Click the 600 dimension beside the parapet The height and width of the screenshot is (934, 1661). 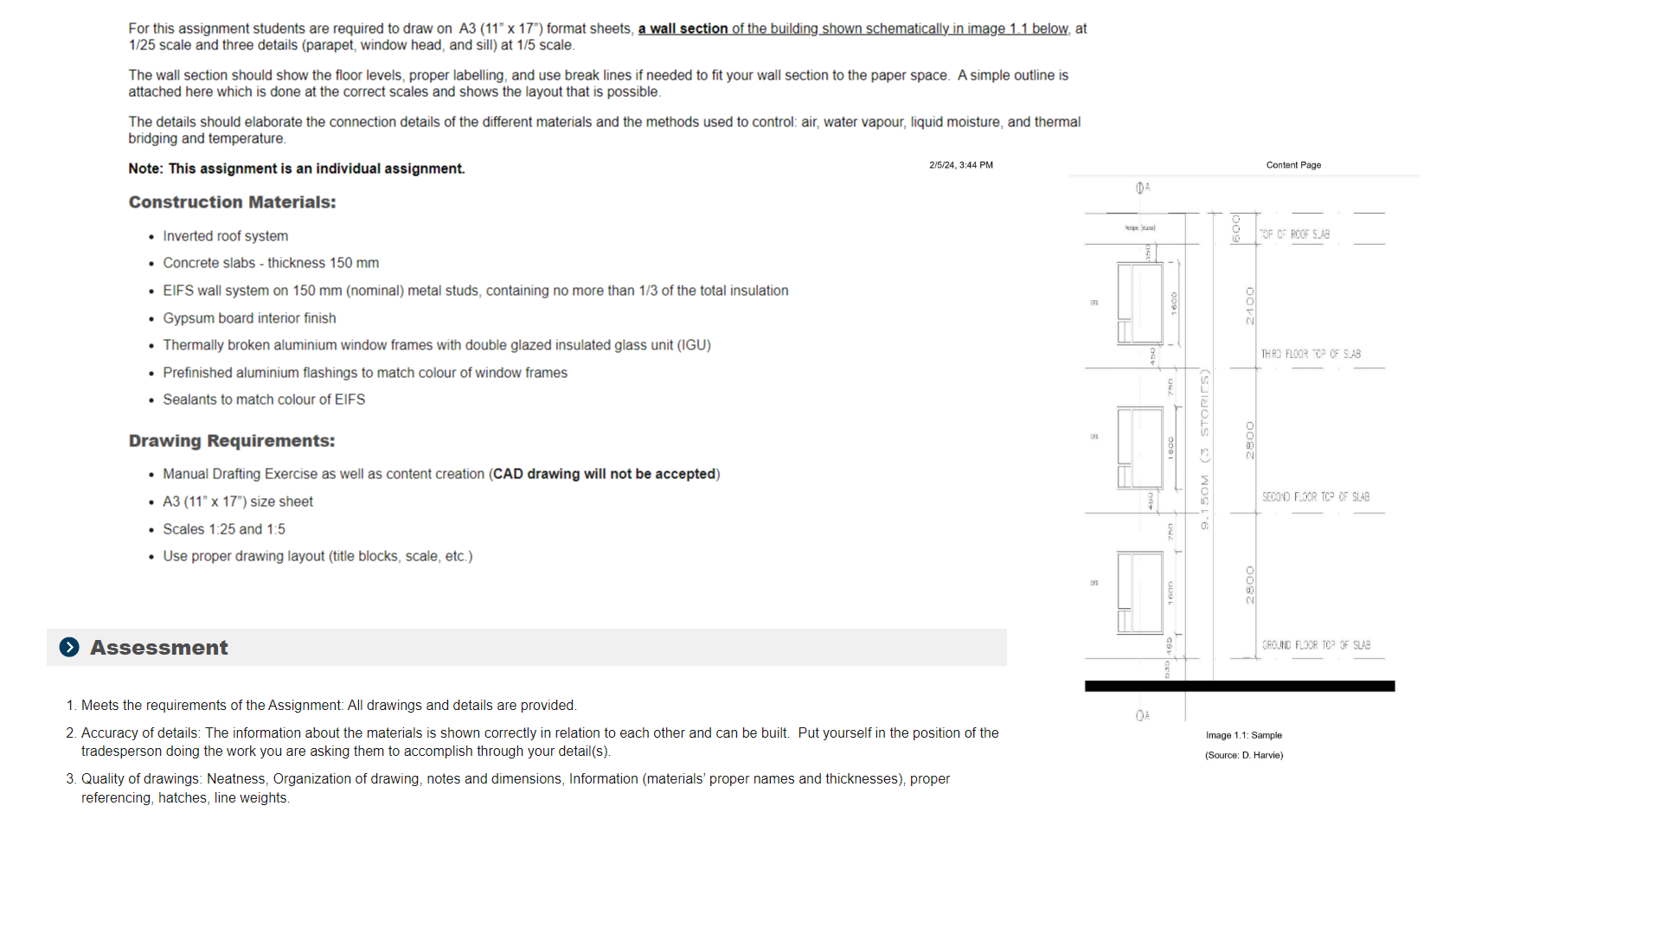pos(1236,228)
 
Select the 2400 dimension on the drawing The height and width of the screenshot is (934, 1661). pos(1249,306)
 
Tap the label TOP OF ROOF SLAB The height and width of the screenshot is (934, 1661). pos(1294,234)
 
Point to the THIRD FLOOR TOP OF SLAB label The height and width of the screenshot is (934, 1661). pos(1311,354)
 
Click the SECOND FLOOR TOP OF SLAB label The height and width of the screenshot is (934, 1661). pos(1315,497)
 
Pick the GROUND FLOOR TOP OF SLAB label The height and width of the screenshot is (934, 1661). pos(1316,645)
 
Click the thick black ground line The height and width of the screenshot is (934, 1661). pos(1239,686)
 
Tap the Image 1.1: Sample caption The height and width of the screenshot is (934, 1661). pos(1244,735)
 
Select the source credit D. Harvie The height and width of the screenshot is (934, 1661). pos(1244,755)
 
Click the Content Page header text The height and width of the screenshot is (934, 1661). pos(1293,165)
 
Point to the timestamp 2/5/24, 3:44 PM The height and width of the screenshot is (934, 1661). pos(960,165)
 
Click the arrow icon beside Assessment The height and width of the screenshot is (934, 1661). pos(69,647)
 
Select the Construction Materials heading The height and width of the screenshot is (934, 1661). pos(232,202)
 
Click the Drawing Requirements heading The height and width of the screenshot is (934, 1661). pos(231,441)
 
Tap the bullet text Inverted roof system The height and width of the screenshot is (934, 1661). pos(225,236)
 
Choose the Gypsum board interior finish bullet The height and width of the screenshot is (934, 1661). pos(249,318)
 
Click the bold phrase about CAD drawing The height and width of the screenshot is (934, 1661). pos(604,474)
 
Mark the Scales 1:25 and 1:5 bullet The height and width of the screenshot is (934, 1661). pos(223,529)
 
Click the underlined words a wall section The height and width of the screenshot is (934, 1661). pos(683,29)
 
